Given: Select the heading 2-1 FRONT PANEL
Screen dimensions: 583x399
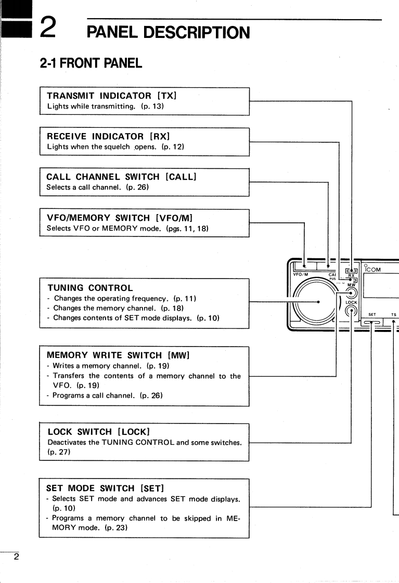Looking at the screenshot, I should [x=91, y=63].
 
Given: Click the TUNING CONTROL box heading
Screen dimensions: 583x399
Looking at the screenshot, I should [x=90, y=287].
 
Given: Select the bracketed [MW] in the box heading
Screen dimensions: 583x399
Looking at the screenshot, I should [x=178, y=355].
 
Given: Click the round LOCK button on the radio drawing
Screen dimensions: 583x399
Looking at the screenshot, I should [x=352, y=312].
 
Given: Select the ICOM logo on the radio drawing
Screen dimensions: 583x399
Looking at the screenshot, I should [x=373, y=270].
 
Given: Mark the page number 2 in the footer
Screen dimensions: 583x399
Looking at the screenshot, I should [x=16, y=557].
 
